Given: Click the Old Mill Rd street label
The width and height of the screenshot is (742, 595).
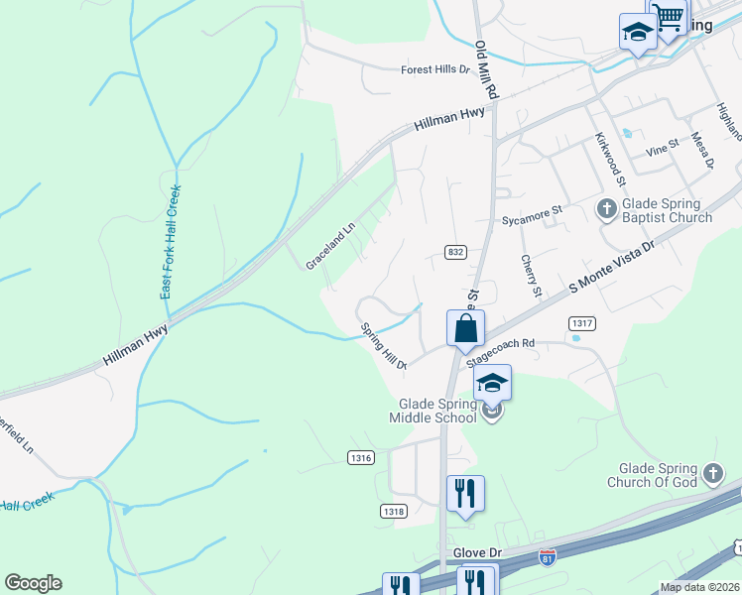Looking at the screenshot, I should coord(486,68).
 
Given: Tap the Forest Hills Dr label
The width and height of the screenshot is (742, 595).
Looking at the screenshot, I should coord(434,69).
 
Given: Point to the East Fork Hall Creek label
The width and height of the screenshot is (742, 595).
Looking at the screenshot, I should coord(172,243).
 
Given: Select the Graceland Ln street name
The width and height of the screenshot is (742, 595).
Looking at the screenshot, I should coord(330,249).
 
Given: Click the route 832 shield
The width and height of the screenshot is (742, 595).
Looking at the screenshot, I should coord(455,253).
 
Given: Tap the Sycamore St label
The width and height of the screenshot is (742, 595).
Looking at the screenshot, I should coord(532,210).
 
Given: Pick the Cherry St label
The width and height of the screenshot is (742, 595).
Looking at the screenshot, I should coord(532,276).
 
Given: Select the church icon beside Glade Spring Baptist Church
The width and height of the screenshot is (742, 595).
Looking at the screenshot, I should coord(605,210).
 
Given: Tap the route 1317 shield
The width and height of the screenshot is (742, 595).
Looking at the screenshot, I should coord(582,323).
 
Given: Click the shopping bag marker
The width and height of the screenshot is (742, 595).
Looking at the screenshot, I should coord(465,328).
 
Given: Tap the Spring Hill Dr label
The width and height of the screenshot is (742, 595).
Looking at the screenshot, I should coord(384,346).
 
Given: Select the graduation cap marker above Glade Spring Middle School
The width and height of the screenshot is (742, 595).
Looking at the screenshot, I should coord(492,383).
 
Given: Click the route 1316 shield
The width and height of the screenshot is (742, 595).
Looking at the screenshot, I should coord(361,457).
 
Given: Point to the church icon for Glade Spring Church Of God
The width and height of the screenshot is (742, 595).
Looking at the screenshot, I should coord(711,474).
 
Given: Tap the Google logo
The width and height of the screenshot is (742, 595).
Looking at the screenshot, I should coord(33,583).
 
